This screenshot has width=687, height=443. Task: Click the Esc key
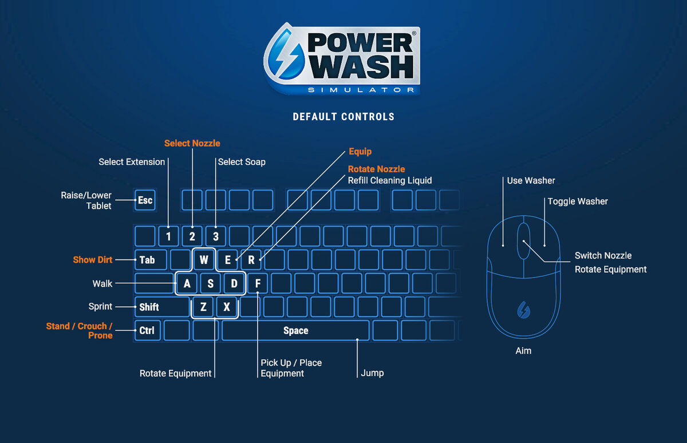(145, 200)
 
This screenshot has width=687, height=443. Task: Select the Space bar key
(295, 331)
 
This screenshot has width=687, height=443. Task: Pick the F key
(258, 283)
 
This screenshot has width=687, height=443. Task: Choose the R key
(251, 260)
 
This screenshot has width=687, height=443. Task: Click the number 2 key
(192, 236)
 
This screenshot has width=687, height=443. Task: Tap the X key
(227, 307)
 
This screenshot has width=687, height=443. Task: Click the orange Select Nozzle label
(192, 143)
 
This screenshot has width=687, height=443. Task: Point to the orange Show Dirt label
(92, 260)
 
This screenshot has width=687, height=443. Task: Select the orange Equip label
(360, 152)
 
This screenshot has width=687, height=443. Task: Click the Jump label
(372, 373)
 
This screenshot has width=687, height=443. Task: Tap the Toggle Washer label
(578, 201)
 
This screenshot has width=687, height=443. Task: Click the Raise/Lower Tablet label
(86, 200)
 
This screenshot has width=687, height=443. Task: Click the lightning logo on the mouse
(523, 310)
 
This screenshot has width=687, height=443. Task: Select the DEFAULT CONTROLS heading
(343, 117)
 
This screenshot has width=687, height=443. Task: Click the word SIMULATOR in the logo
(361, 90)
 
